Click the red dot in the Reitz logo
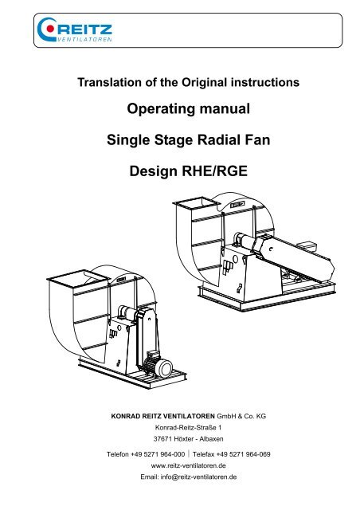coord(50,29)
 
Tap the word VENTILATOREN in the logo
coord(84,39)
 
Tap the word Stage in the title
coord(174,140)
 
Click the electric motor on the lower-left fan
coord(158,365)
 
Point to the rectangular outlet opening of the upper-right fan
coord(197,204)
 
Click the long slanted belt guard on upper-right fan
coord(292,257)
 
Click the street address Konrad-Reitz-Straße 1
coord(188,427)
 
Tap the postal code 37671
coord(162,439)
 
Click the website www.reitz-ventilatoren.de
coord(188,465)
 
